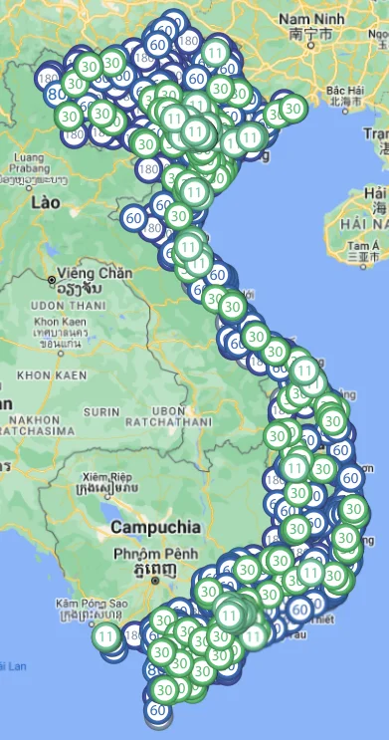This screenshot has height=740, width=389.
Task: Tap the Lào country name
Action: tap(46, 201)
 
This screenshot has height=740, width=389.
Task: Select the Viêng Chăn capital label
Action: tap(95, 273)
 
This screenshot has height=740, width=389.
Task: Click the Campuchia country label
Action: tap(156, 526)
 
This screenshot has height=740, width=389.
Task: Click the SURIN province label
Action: tap(100, 410)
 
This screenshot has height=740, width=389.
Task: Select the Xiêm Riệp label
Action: tap(106, 476)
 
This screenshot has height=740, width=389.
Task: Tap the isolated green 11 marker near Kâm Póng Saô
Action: tap(106, 636)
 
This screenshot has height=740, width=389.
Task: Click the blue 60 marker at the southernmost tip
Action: tap(157, 710)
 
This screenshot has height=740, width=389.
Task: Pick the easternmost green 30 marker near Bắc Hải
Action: tap(292, 108)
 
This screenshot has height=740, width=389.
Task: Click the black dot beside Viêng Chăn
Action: tap(51, 280)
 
